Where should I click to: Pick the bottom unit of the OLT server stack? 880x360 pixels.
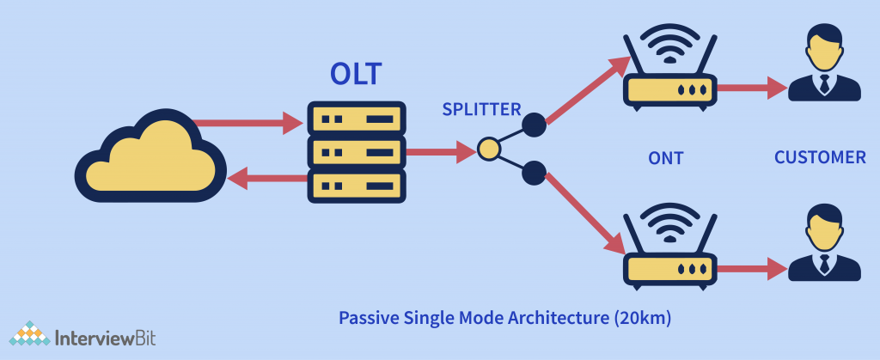pos(356,184)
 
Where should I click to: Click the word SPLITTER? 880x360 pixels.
pos(481,110)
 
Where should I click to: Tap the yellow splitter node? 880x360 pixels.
pos(488,150)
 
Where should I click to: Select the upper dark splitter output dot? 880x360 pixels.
pos(534,125)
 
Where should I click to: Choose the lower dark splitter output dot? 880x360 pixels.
pos(534,173)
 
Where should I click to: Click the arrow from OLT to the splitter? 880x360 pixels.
pos(438,151)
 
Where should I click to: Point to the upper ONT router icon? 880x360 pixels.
pos(668,71)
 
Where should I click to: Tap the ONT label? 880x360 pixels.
pos(666,158)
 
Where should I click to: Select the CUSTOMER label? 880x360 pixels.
pos(820,157)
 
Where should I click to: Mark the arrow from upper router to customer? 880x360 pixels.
pos(752,88)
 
